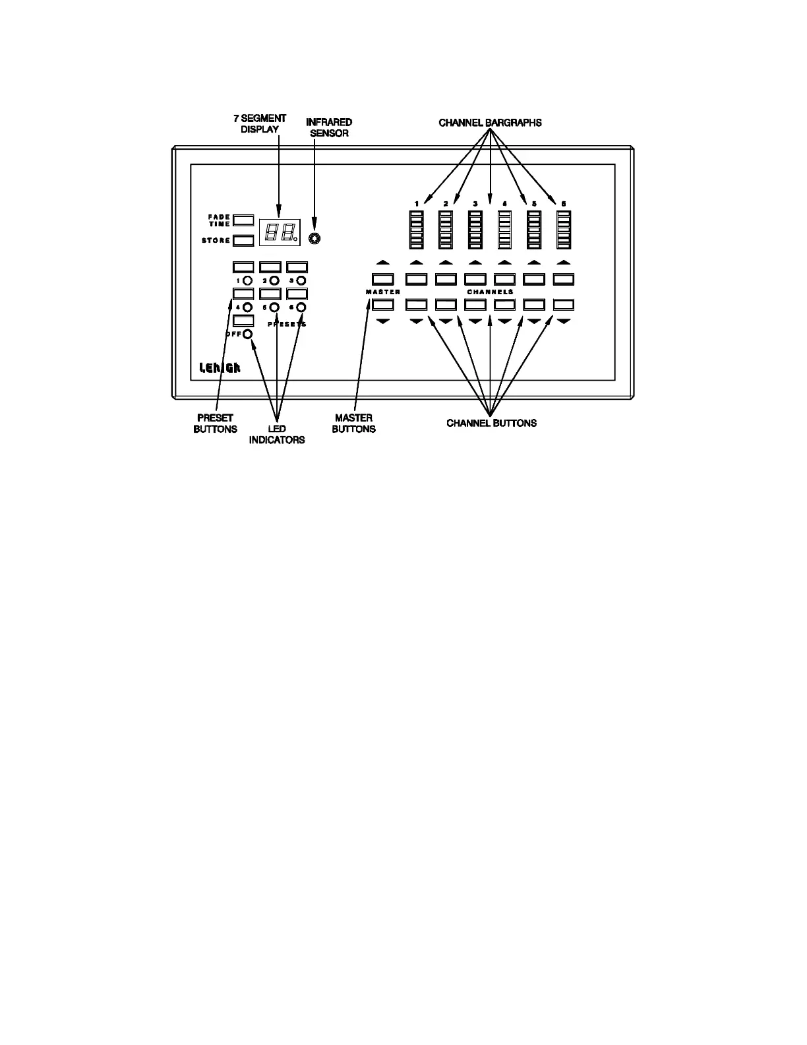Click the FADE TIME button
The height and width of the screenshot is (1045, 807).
pyautogui.click(x=243, y=220)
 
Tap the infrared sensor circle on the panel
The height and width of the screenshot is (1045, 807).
pyautogui.click(x=315, y=237)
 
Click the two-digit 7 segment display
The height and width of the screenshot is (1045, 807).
pyautogui.click(x=280, y=232)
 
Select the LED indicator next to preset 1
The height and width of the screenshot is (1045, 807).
pyautogui.click(x=248, y=281)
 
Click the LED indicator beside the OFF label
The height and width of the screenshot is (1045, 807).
pyautogui.click(x=248, y=334)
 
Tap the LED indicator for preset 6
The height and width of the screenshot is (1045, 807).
pyautogui.click(x=301, y=307)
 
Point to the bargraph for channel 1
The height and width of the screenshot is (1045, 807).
pyautogui.click(x=416, y=230)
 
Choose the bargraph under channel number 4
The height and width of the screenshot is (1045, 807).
pyautogui.click(x=504, y=230)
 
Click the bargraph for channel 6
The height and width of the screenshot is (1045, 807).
pyautogui.click(x=564, y=230)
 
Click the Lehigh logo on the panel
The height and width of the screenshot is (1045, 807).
pyautogui.click(x=220, y=368)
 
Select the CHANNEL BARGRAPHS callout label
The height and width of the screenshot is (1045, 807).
pyautogui.click(x=490, y=123)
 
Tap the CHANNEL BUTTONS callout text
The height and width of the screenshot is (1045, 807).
pyautogui.click(x=491, y=424)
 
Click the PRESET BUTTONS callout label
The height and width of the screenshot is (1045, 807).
pyautogui.click(x=215, y=424)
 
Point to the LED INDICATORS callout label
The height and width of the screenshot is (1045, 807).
pyautogui.click(x=277, y=435)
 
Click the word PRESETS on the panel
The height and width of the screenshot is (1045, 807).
pyautogui.click(x=287, y=325)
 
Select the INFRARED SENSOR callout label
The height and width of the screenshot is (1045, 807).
pyautogui.click(x=329, y=127)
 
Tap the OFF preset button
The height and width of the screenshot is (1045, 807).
pyautogui.click(x=243, y=321)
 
